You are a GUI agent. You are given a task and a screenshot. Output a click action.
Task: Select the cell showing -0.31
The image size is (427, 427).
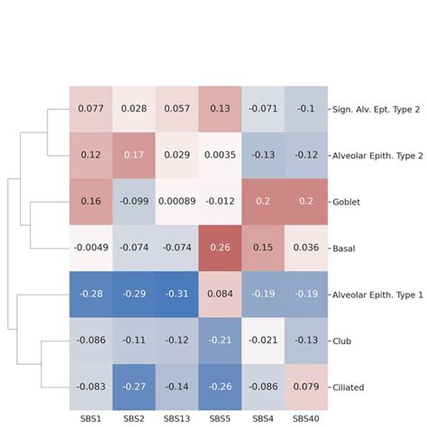click(x=176, y=294)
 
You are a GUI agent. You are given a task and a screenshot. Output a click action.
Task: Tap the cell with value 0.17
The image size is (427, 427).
click(x=133, y=155)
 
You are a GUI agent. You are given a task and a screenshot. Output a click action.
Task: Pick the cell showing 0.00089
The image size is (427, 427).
click(x=176, y=202)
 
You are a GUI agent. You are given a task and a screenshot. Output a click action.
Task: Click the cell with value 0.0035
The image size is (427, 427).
click(x=219, y=155)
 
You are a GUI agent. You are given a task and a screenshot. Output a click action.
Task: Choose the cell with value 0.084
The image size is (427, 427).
click(x=219, y=294)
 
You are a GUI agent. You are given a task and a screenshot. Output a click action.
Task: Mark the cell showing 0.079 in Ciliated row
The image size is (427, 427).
click(x=305, y=387)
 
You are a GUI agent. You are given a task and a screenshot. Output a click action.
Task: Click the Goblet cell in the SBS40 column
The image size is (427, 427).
click(x=305, y=202)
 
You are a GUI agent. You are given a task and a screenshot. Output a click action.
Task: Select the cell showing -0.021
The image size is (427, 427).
click(x=262, y=341)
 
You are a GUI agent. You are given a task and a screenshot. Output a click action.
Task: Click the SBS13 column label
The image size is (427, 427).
click(x=176, y=418)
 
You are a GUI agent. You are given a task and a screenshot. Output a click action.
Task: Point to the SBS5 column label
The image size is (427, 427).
click(x=219, y=418)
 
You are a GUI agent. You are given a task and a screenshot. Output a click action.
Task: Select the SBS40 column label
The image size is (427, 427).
click(x=305, y=418)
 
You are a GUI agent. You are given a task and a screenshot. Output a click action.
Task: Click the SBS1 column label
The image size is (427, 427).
click(x=90, y=418)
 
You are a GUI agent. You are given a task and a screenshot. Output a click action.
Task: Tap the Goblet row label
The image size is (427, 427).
click(x=347, y=202)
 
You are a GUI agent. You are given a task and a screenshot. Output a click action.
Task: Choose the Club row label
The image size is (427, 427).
click(x=342, y=341)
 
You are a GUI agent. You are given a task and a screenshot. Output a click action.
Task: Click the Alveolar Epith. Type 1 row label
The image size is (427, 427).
click(x=377, y=294)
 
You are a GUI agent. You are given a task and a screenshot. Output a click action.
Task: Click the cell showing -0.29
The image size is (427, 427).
click(x=133, y=294)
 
